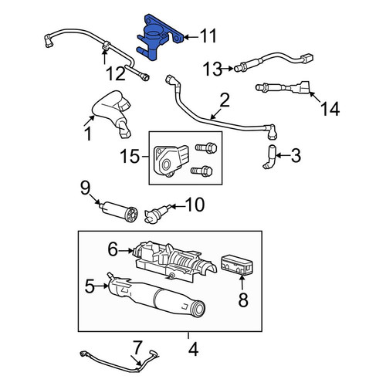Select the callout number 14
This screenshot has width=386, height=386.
click(x=330, y=109)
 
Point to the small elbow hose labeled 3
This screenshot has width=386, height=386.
click(x=269, y=157)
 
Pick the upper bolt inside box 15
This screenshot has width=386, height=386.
click(x=206, y=148)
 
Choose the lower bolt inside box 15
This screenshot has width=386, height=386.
click(x=201, y=171)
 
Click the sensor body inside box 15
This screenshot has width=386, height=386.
click(x=170, y=161)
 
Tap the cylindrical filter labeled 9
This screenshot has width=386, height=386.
click(x=119, y=211)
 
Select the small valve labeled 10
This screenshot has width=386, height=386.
click(x=157, y=215)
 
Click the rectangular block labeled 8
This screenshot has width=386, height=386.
click(x=237, y=265)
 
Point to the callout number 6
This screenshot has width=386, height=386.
click(x=113, y=249)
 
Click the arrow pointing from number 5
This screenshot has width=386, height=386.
click(x=101, y=286)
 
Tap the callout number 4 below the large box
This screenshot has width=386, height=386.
click(x=193, y=350)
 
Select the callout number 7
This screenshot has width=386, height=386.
click(x=137, y=347)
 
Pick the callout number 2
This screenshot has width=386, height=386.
click(x=225, y=100)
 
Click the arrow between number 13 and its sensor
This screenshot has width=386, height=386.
click(x=228, y=69)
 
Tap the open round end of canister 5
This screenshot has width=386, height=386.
click(x=198, y=308)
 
